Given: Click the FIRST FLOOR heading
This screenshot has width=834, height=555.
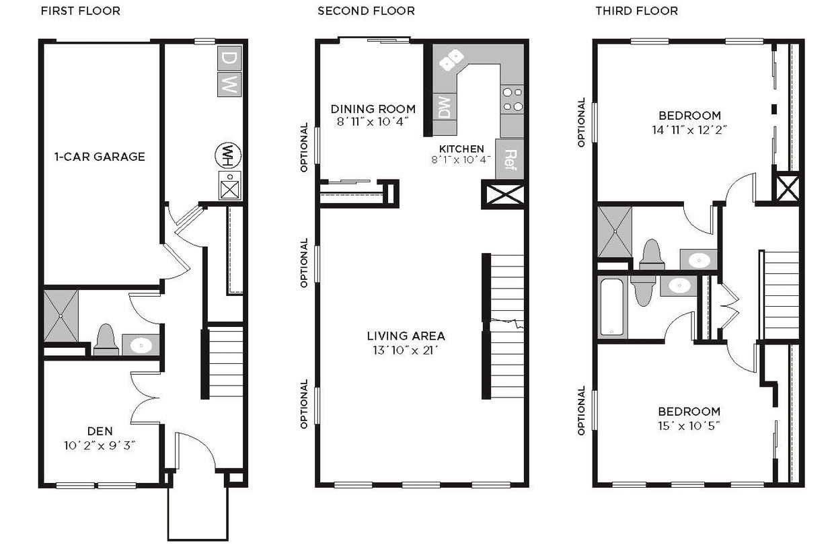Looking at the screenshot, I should pos(81,11).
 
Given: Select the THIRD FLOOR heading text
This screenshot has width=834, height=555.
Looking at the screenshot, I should pos(636,11).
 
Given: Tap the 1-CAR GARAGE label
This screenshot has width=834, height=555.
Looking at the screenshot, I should pos(100,157).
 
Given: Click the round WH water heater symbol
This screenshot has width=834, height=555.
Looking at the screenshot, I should pos(228,155).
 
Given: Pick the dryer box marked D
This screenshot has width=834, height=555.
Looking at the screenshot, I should pos(229,59).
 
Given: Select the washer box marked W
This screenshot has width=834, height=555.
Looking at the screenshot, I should pos(229,84).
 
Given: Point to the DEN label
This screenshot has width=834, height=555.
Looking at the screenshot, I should pos(100,431).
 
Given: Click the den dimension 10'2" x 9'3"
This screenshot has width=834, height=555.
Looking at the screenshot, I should pos(100,445).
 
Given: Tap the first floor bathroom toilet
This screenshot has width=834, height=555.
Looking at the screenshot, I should pos(106,340).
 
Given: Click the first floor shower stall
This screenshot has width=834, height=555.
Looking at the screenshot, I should pos(61,316).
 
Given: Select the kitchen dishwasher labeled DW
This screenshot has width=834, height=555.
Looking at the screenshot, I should pos(444,107).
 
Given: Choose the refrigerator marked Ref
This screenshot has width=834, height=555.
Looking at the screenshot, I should pos(509,159).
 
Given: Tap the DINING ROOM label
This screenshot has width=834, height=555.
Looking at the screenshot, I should pos(373,109).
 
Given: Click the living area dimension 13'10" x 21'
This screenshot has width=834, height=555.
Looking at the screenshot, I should pos(406,350).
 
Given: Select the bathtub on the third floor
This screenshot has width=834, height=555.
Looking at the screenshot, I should pos(613,306).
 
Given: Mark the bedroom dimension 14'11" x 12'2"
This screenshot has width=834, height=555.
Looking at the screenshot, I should pos(689,129).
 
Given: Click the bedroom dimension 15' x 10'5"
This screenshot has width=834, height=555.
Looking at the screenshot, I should pos(689,425).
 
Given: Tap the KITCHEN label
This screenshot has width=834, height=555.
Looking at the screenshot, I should pos(461,149).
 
